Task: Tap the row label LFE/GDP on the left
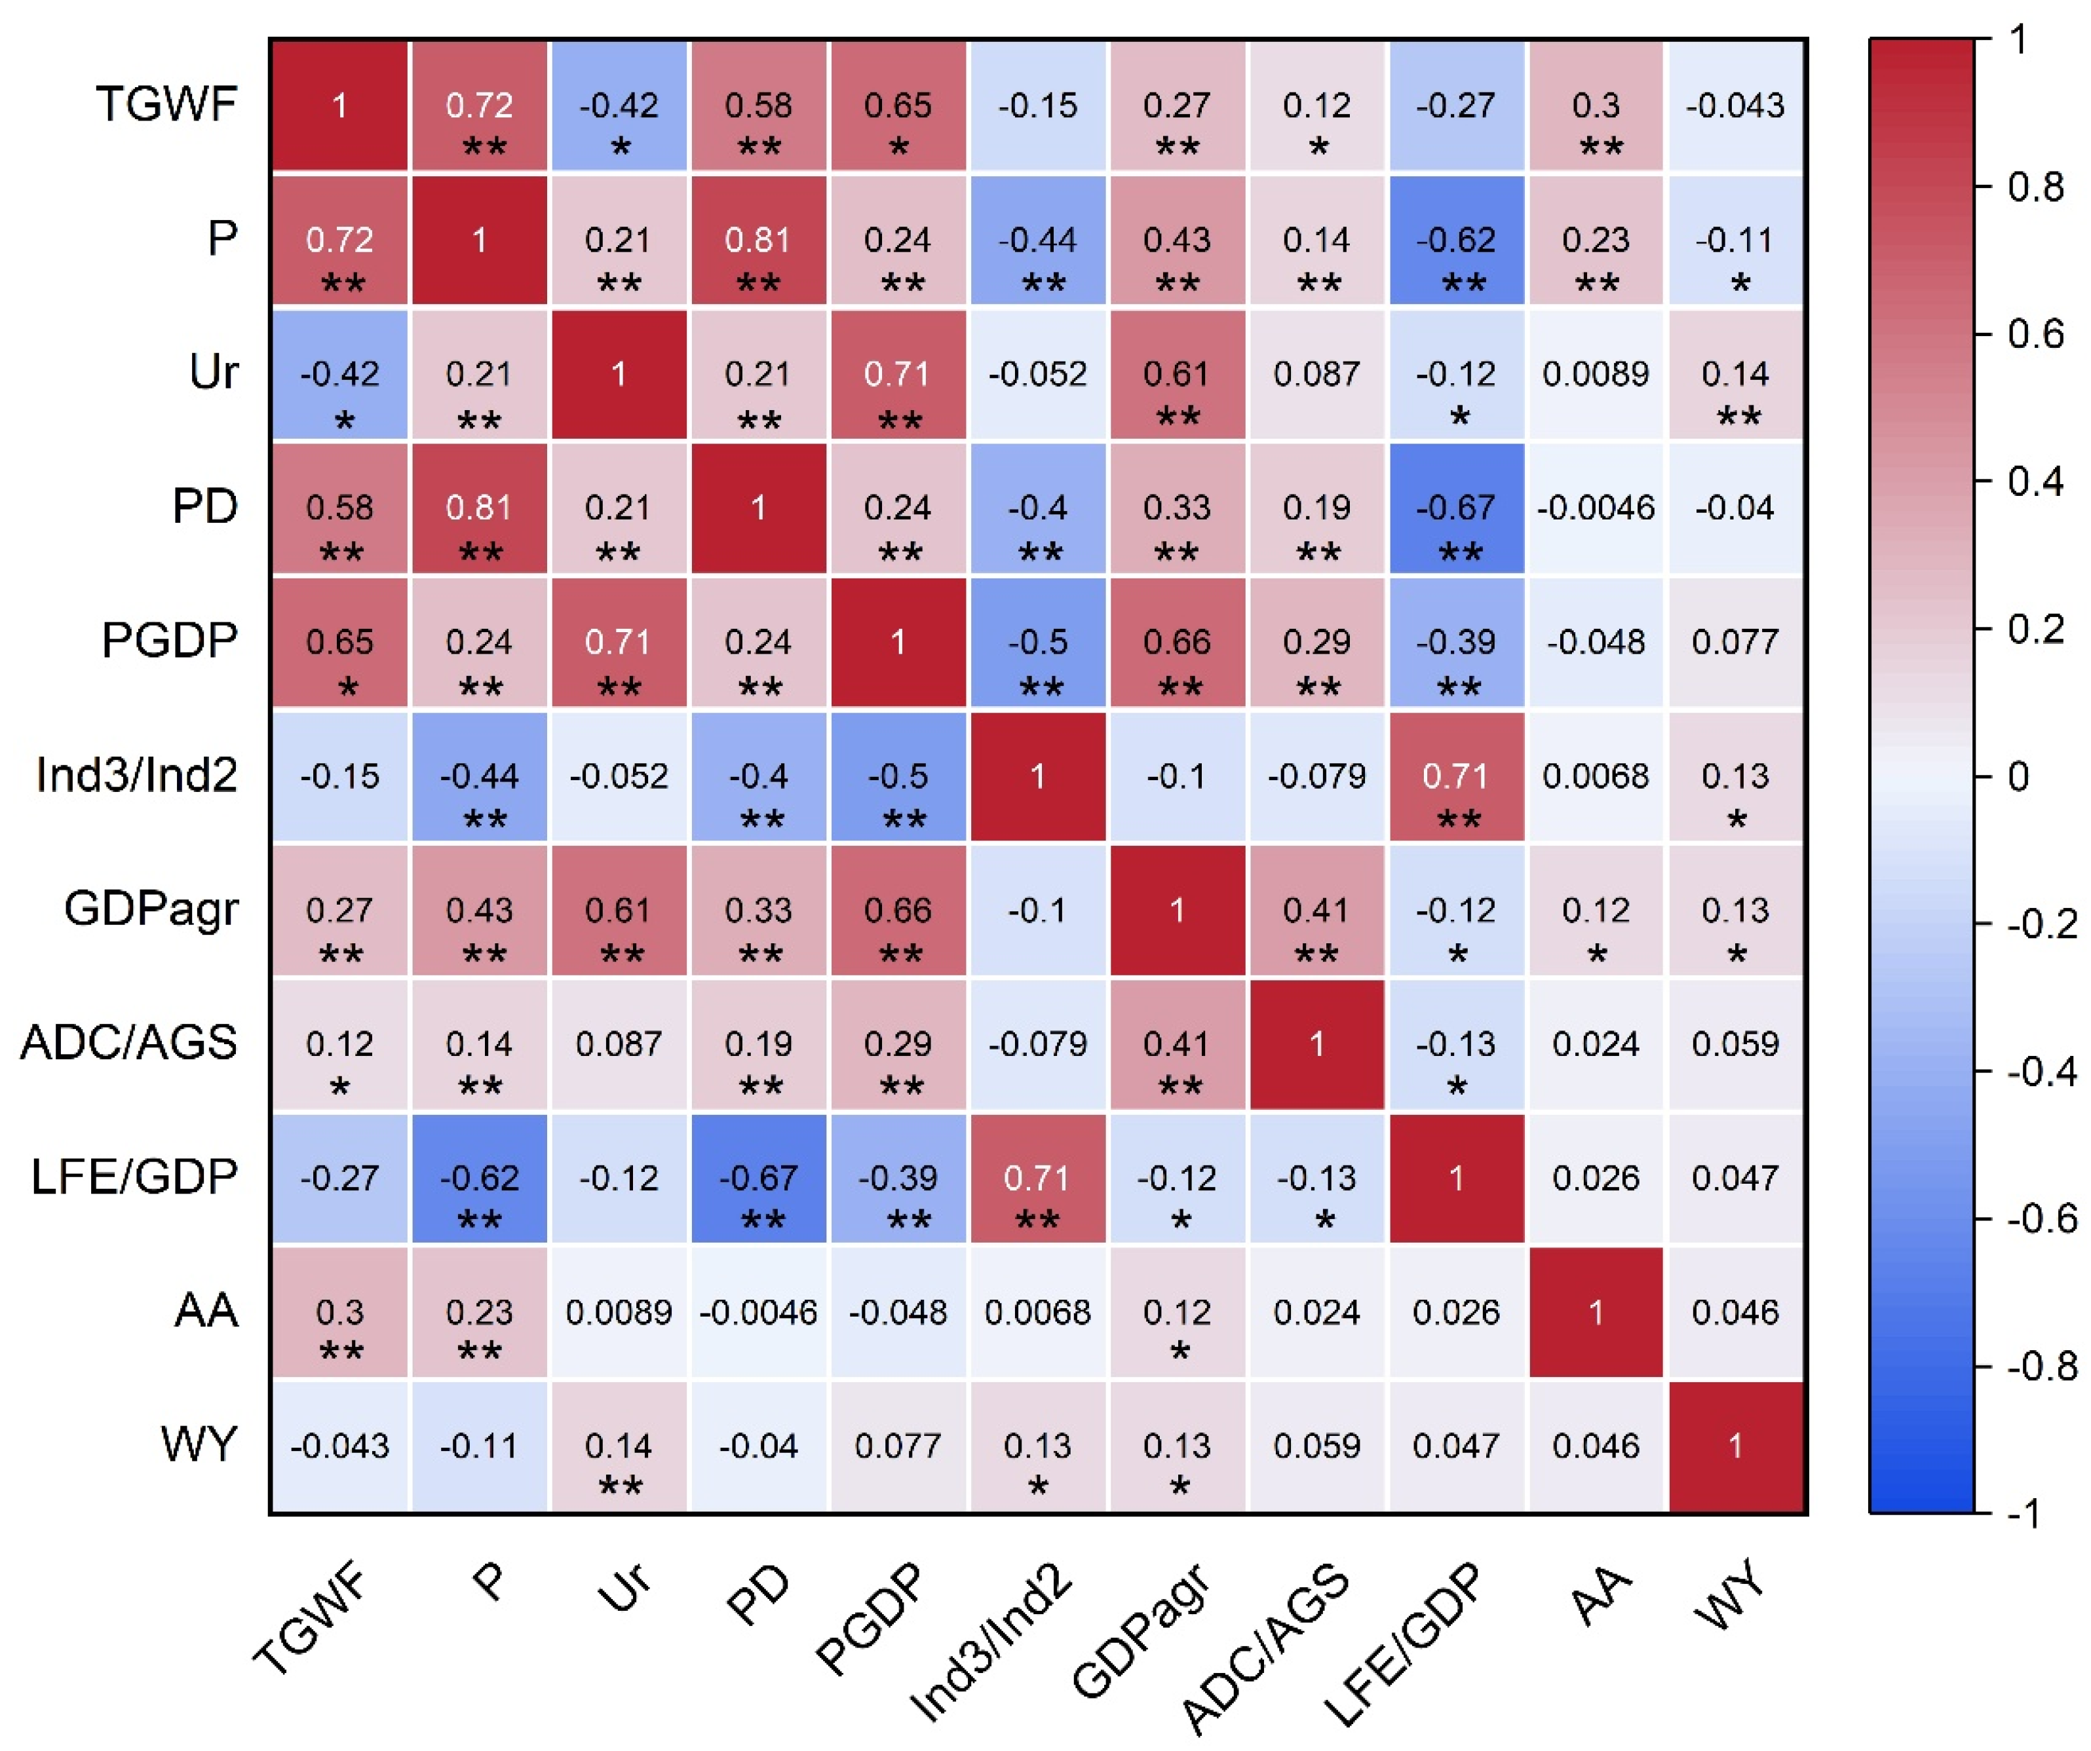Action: pos(134,1177)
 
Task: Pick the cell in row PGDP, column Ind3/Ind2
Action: pos(1037,642)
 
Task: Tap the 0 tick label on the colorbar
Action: pos(2018,776)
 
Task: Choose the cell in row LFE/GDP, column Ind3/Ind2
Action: pos(1037,1178)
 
